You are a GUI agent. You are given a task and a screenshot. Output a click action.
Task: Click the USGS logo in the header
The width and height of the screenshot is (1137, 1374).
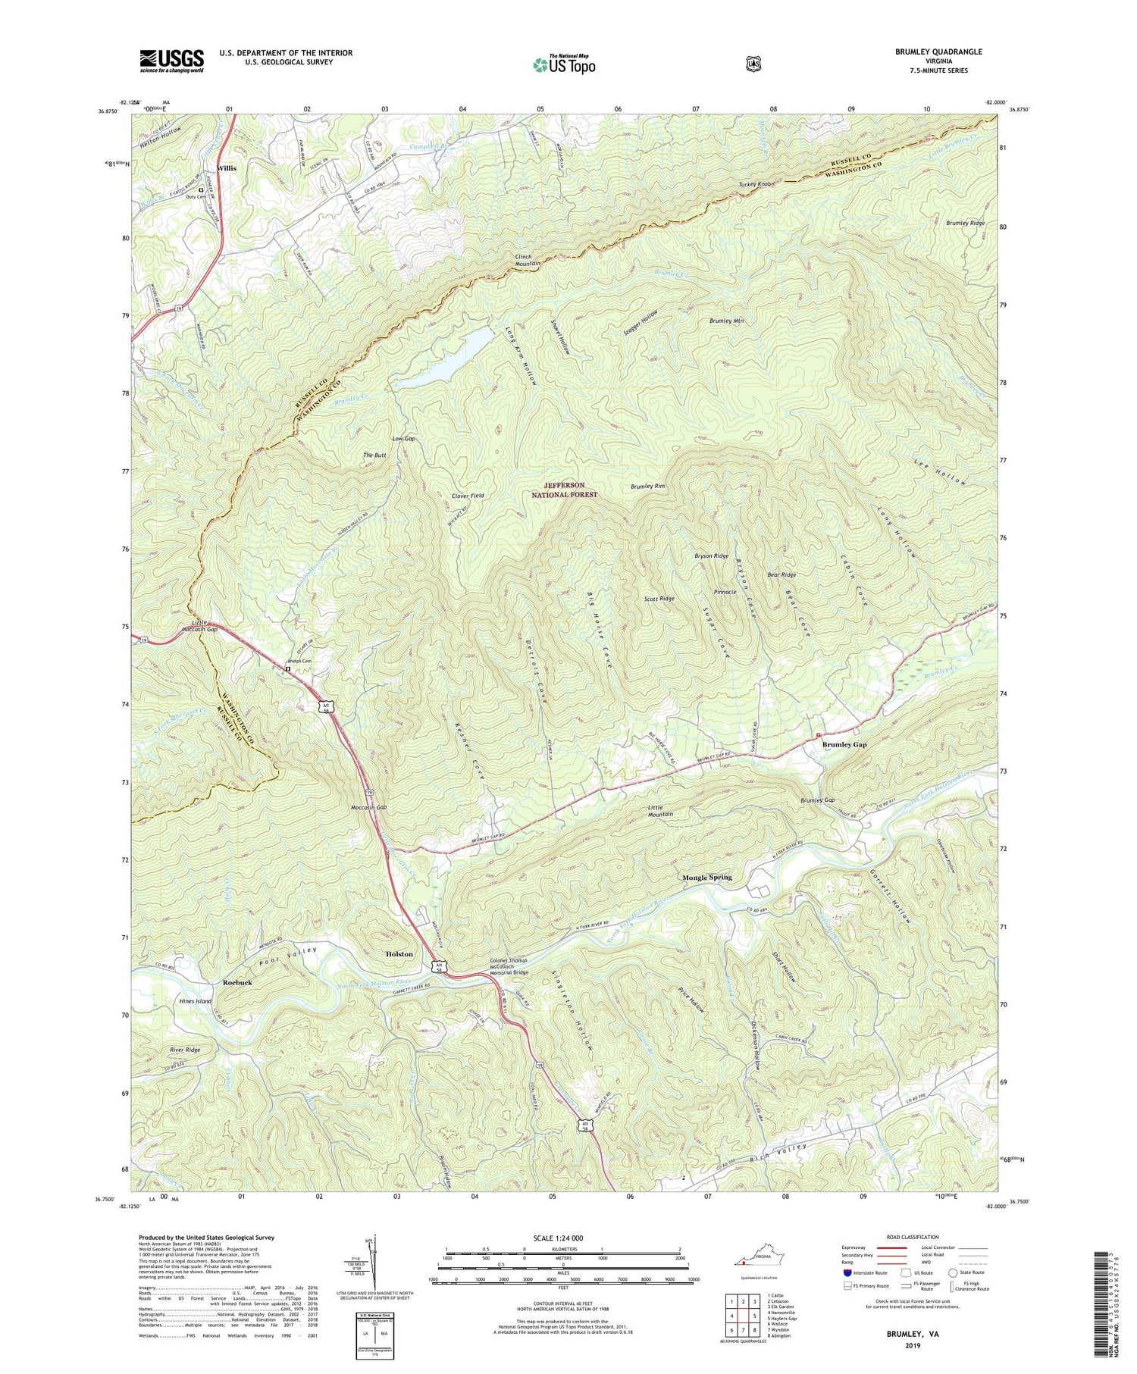click(171, 61)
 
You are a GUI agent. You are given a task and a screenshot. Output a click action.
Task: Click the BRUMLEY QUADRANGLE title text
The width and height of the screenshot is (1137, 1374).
click(937, 52)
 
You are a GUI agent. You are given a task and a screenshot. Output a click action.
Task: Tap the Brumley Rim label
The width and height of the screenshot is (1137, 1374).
click(647, 487)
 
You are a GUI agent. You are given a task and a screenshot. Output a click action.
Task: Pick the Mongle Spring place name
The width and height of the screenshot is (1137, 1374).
click(706, 878)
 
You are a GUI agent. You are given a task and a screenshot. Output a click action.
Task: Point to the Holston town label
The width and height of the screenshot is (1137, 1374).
click(399, 954)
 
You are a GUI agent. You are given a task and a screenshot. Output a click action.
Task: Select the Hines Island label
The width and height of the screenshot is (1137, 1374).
click(195, 1001)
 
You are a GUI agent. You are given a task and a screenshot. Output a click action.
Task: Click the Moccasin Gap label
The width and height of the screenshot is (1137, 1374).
click(369, 807)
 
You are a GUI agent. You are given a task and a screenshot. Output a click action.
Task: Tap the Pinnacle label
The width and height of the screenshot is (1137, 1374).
click(725, 592)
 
